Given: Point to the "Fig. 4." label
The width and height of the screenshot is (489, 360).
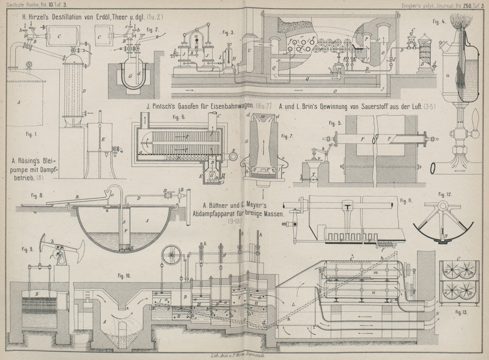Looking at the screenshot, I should tap(438, 22).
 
